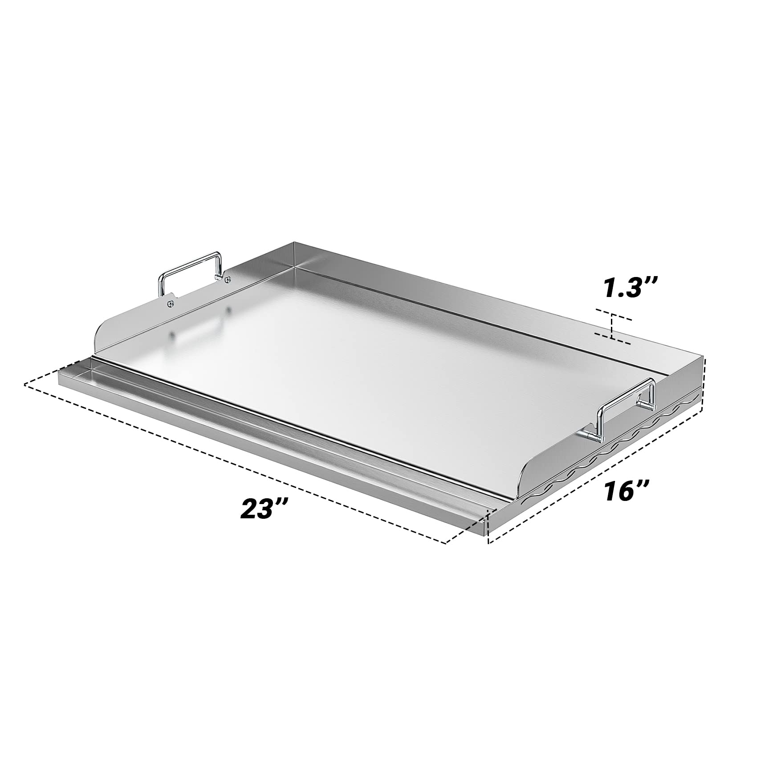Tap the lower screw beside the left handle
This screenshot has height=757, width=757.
tap(171, 303)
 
